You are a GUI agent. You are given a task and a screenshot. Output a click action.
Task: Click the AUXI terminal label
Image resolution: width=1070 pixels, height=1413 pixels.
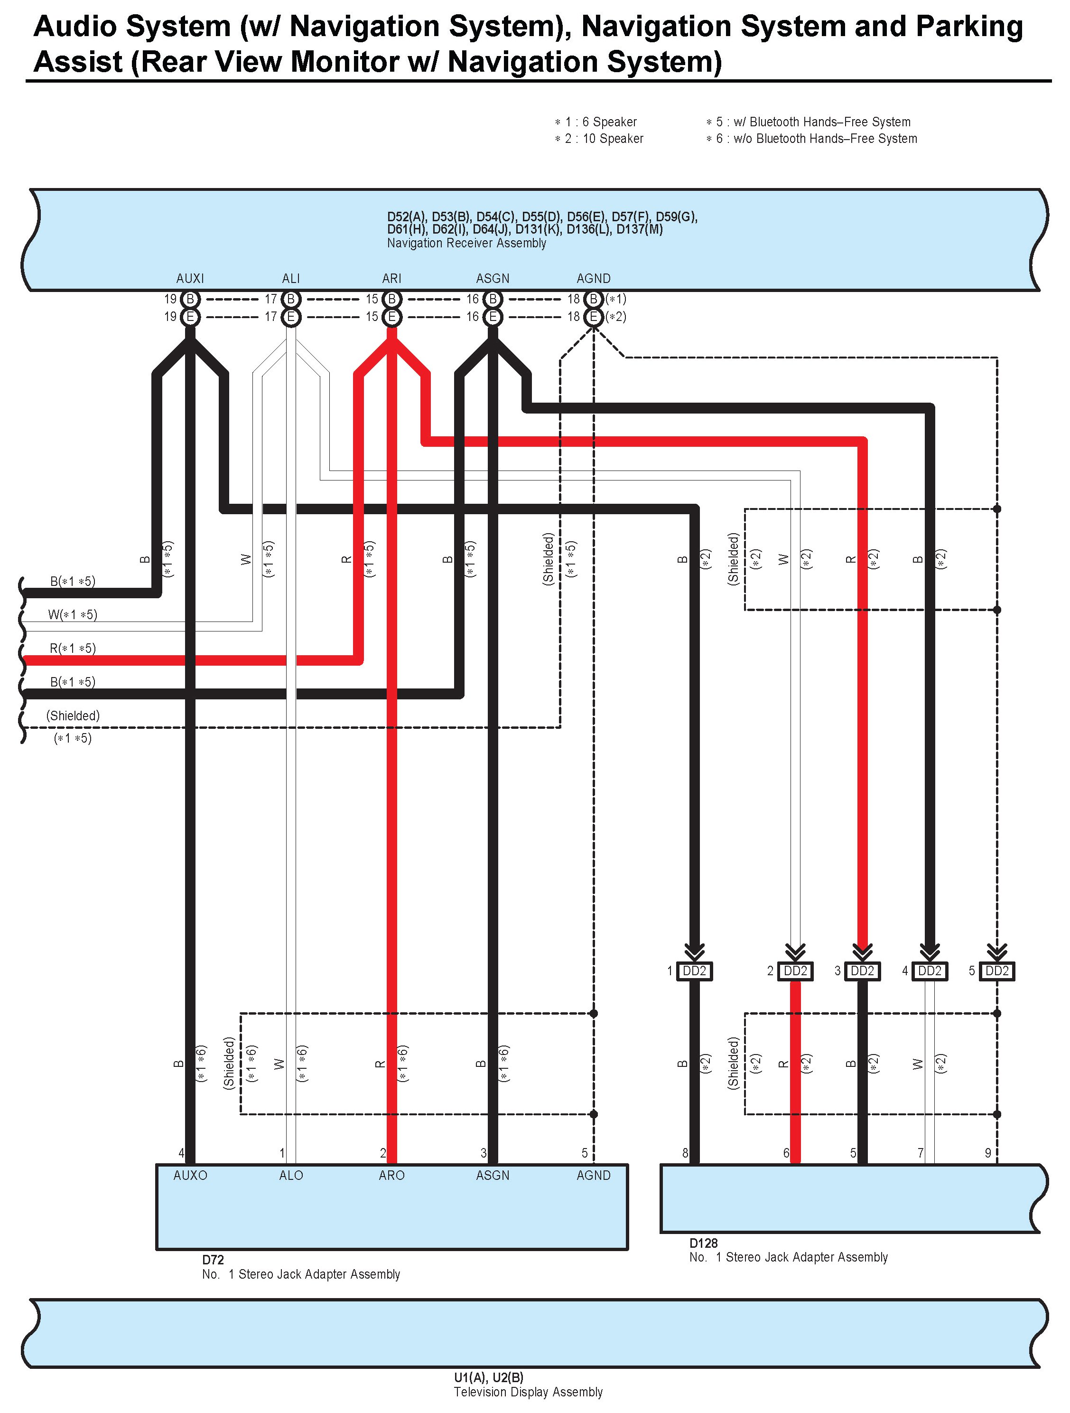(x=190, y=279)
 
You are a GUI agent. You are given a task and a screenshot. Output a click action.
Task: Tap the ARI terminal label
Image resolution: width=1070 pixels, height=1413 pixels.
(x=391, y=279)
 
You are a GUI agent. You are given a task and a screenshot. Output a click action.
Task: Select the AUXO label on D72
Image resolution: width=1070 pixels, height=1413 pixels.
(x=190, y=1176)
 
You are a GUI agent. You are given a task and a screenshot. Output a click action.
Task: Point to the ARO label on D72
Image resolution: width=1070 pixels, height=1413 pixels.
(x=391, y=1176)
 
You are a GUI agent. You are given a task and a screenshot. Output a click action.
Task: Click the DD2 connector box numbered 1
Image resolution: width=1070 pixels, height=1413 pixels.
(x=695, y=971)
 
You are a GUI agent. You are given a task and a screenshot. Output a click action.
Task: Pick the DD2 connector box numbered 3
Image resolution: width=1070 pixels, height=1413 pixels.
(x=863, y=971)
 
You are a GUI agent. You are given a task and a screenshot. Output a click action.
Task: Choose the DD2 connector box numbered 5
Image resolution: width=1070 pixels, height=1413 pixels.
(x=996, y=971)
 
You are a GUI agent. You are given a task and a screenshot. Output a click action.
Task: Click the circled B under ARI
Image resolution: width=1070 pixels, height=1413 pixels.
(x=392, y=299)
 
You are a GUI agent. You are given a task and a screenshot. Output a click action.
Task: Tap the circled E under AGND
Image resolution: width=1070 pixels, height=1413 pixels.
(x=594, y=317)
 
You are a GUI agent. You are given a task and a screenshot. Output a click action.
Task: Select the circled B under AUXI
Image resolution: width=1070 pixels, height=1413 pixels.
(x=190, y=299)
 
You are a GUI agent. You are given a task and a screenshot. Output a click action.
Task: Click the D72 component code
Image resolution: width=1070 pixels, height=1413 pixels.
(x=213, y=1260)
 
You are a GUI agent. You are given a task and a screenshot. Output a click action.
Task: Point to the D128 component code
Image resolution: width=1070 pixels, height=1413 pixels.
(x=704, y=1243)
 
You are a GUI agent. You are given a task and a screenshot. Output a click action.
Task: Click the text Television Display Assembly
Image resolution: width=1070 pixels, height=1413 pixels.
(x=528, y=1392)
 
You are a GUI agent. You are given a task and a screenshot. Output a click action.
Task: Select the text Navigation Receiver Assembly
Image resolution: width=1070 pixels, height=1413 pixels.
(x=467, y=244)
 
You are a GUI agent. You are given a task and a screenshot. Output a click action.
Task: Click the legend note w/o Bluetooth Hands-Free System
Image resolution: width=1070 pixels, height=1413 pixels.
(x=811, y=139)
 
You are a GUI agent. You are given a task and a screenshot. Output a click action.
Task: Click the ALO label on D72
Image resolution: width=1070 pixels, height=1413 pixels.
(x=291, y=1176)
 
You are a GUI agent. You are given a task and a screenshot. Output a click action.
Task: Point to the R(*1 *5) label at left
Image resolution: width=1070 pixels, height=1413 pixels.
(x=73, y=649)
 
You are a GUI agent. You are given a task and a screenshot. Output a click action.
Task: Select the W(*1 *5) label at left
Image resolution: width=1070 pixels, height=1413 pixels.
(x=73, y=614)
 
